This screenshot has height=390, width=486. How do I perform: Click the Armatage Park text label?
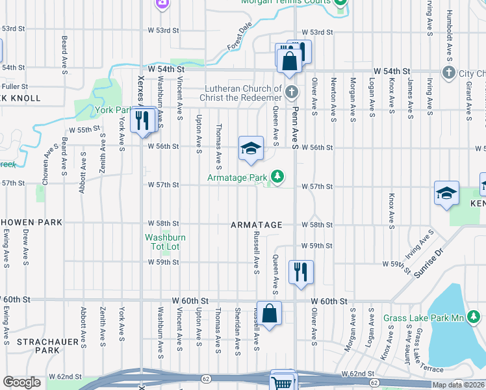tap(238, 177)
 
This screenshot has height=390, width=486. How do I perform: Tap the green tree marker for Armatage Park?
tap(277, 177)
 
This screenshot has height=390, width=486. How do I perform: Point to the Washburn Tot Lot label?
tap(165, 242)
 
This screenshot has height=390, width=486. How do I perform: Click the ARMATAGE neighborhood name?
tap(257, 225)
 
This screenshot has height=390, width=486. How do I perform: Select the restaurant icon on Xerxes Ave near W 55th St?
tap(140, 120)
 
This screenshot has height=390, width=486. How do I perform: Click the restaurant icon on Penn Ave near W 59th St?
tap(300, 272)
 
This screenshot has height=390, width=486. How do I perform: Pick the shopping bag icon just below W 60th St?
tap(269, 313)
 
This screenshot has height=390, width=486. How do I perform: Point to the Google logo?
tap(21, 382)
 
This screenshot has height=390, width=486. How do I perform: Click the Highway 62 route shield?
tap(205, 377)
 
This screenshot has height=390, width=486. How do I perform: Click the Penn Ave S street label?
tap(294, 118)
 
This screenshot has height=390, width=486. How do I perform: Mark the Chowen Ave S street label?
tap(45, 168)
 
